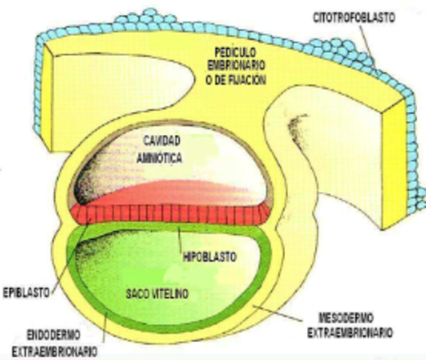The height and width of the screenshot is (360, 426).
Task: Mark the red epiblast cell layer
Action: [x=172, y=214]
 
